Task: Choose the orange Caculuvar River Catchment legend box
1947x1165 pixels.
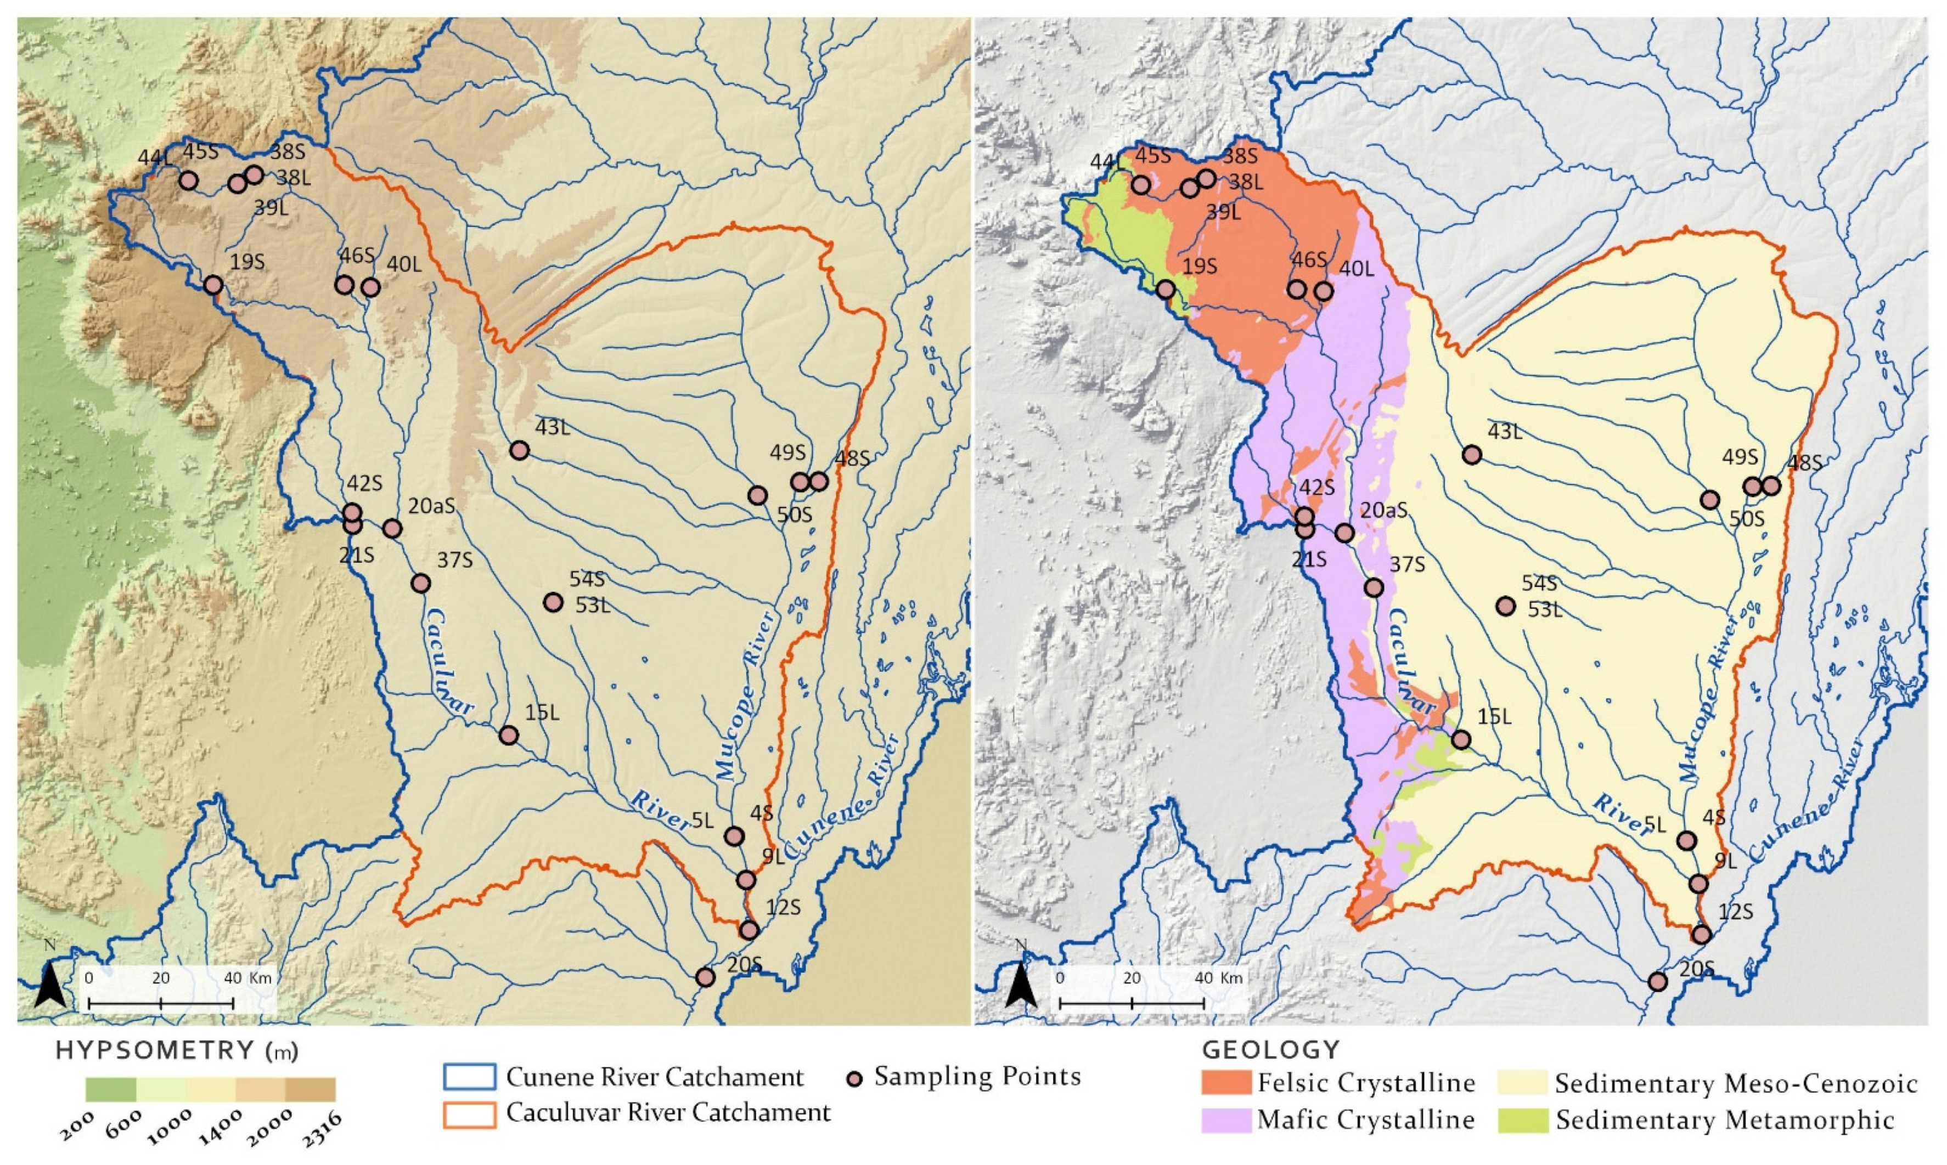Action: pos(469,1114)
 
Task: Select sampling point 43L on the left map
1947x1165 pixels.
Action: pos(519,450)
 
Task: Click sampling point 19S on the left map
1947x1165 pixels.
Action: pos(213,284)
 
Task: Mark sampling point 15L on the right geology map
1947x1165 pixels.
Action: pos(1461,739)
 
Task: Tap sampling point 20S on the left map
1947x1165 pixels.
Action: pos(705,977)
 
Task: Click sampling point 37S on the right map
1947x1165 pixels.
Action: pos(1374,587)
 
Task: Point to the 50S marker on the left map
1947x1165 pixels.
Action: pos(757,495)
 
